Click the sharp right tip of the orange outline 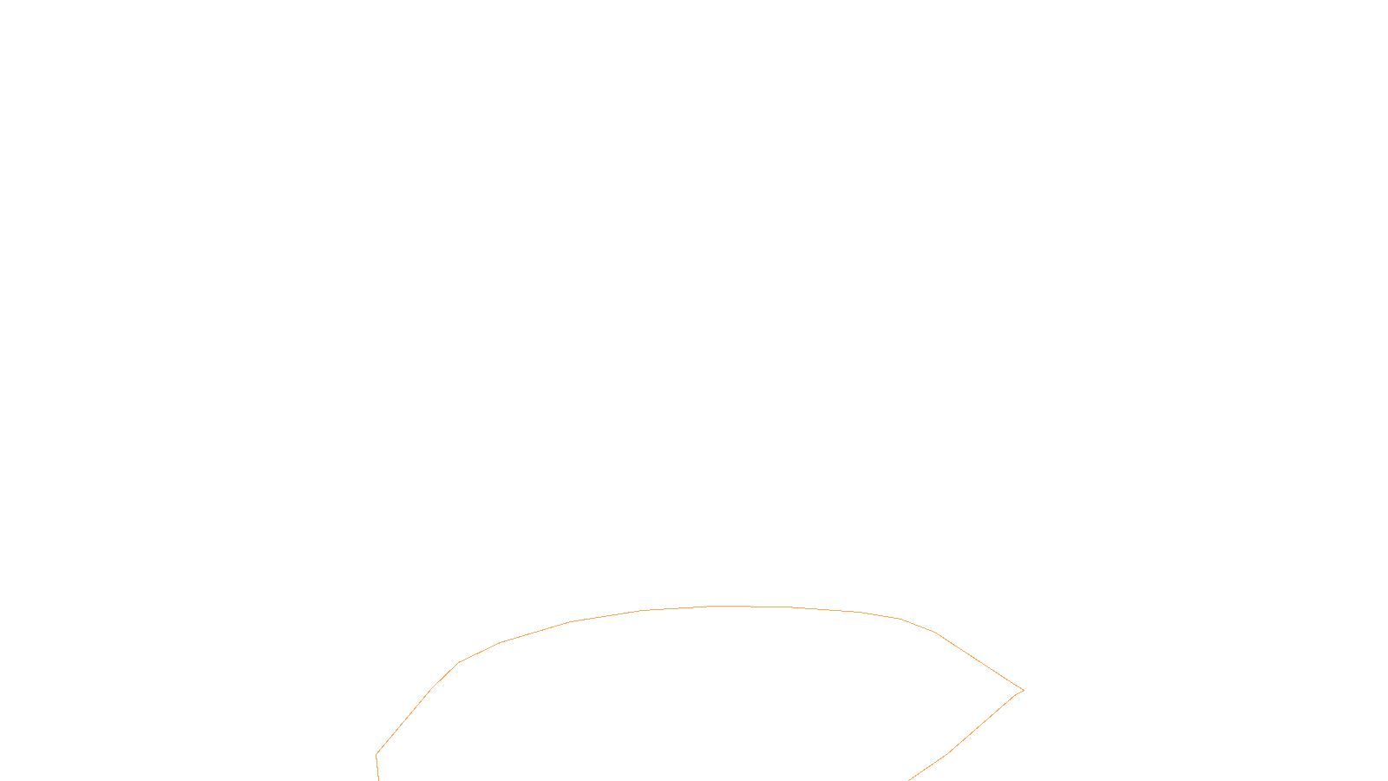pos(1024,691)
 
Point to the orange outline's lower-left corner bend pos(376,754)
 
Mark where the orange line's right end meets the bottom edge pos(909,779)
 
